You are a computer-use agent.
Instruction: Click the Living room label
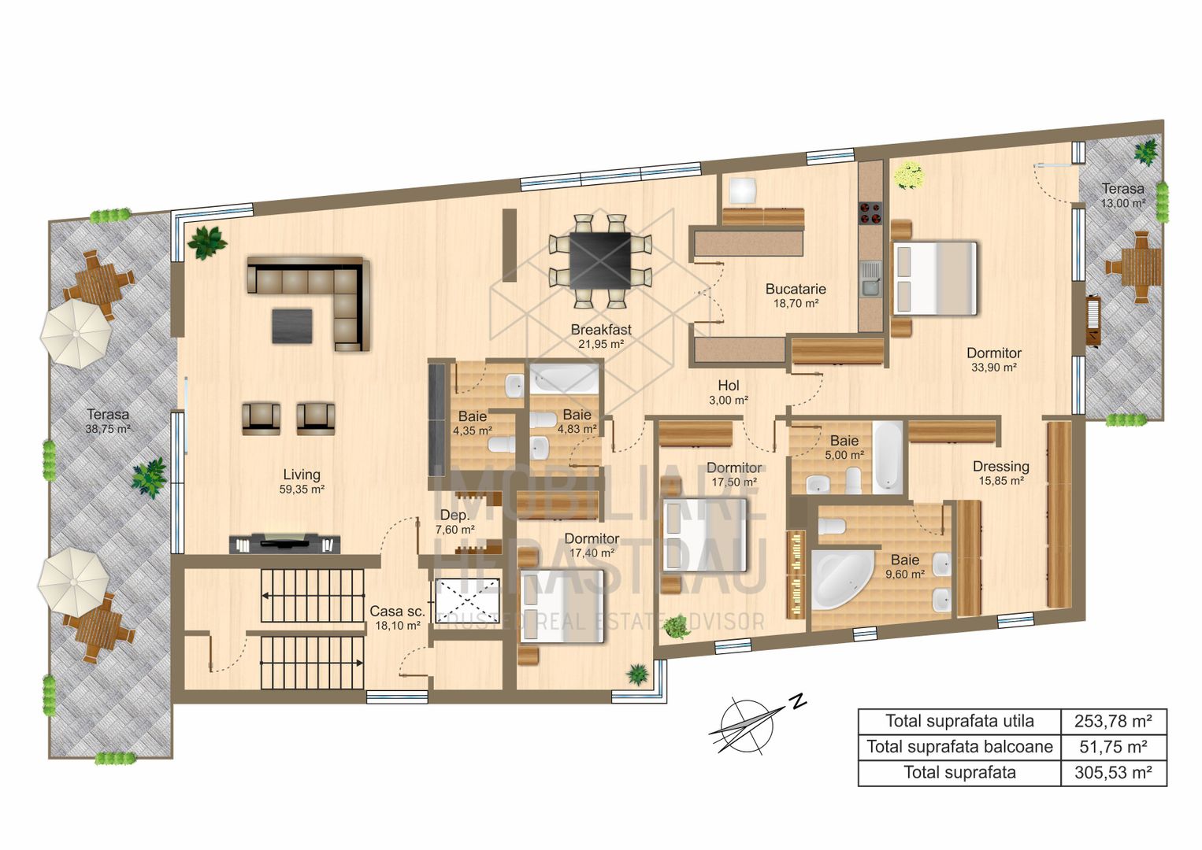tap(302, 475)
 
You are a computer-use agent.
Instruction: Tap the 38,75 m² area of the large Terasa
tap(108, 430)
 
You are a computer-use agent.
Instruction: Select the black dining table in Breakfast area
tap(600, 261)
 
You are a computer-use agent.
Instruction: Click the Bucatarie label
tap(796, 289)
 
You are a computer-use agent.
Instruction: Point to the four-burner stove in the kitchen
tap(870, 213)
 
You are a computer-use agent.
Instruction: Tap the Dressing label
tap(1000, 467)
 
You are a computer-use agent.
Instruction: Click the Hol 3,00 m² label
tap(729, 392)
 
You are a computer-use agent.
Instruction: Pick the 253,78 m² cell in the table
tap(1113, 721)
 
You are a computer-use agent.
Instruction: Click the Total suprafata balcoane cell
tap(959, 747)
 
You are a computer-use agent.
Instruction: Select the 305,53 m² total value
tap(1113, 773)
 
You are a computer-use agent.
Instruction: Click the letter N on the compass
tap(799, 700)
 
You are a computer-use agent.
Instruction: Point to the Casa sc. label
tap(397, 612)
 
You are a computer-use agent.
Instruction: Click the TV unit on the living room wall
tap(284, 543)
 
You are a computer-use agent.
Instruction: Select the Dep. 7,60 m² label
tap(454, 522)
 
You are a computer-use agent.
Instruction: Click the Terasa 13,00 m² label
tap(1122, 195)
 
